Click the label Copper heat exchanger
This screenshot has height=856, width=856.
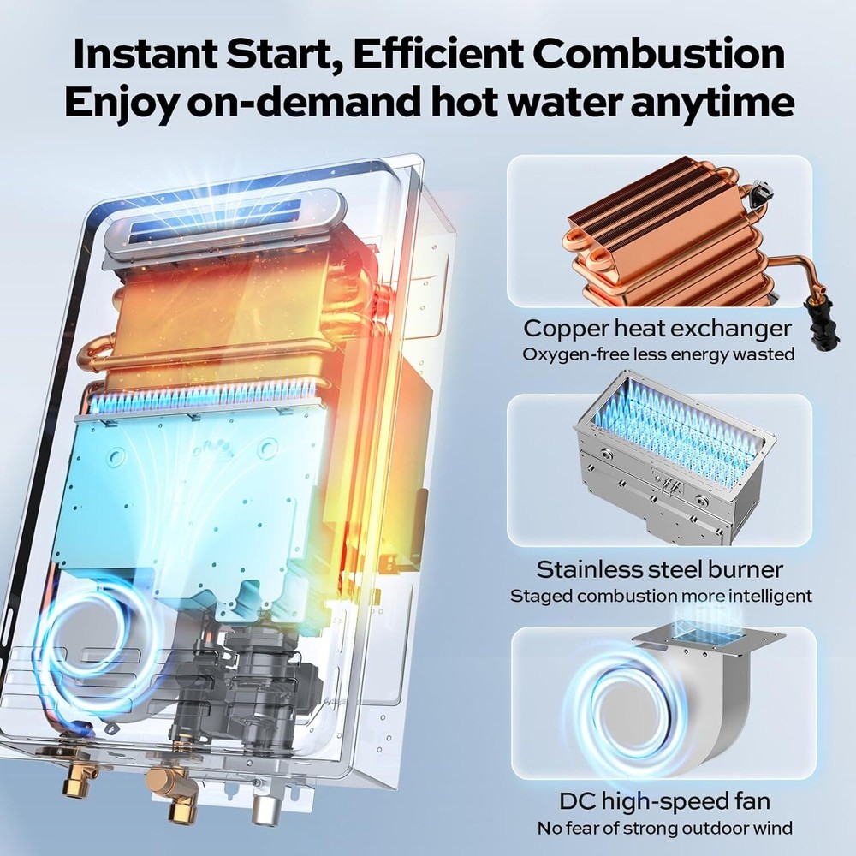657,328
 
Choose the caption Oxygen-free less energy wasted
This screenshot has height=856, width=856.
657,354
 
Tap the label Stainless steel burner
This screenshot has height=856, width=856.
659,569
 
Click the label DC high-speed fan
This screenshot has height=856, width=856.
664,802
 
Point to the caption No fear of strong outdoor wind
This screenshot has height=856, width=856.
664,828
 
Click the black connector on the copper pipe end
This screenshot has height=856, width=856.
811,325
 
